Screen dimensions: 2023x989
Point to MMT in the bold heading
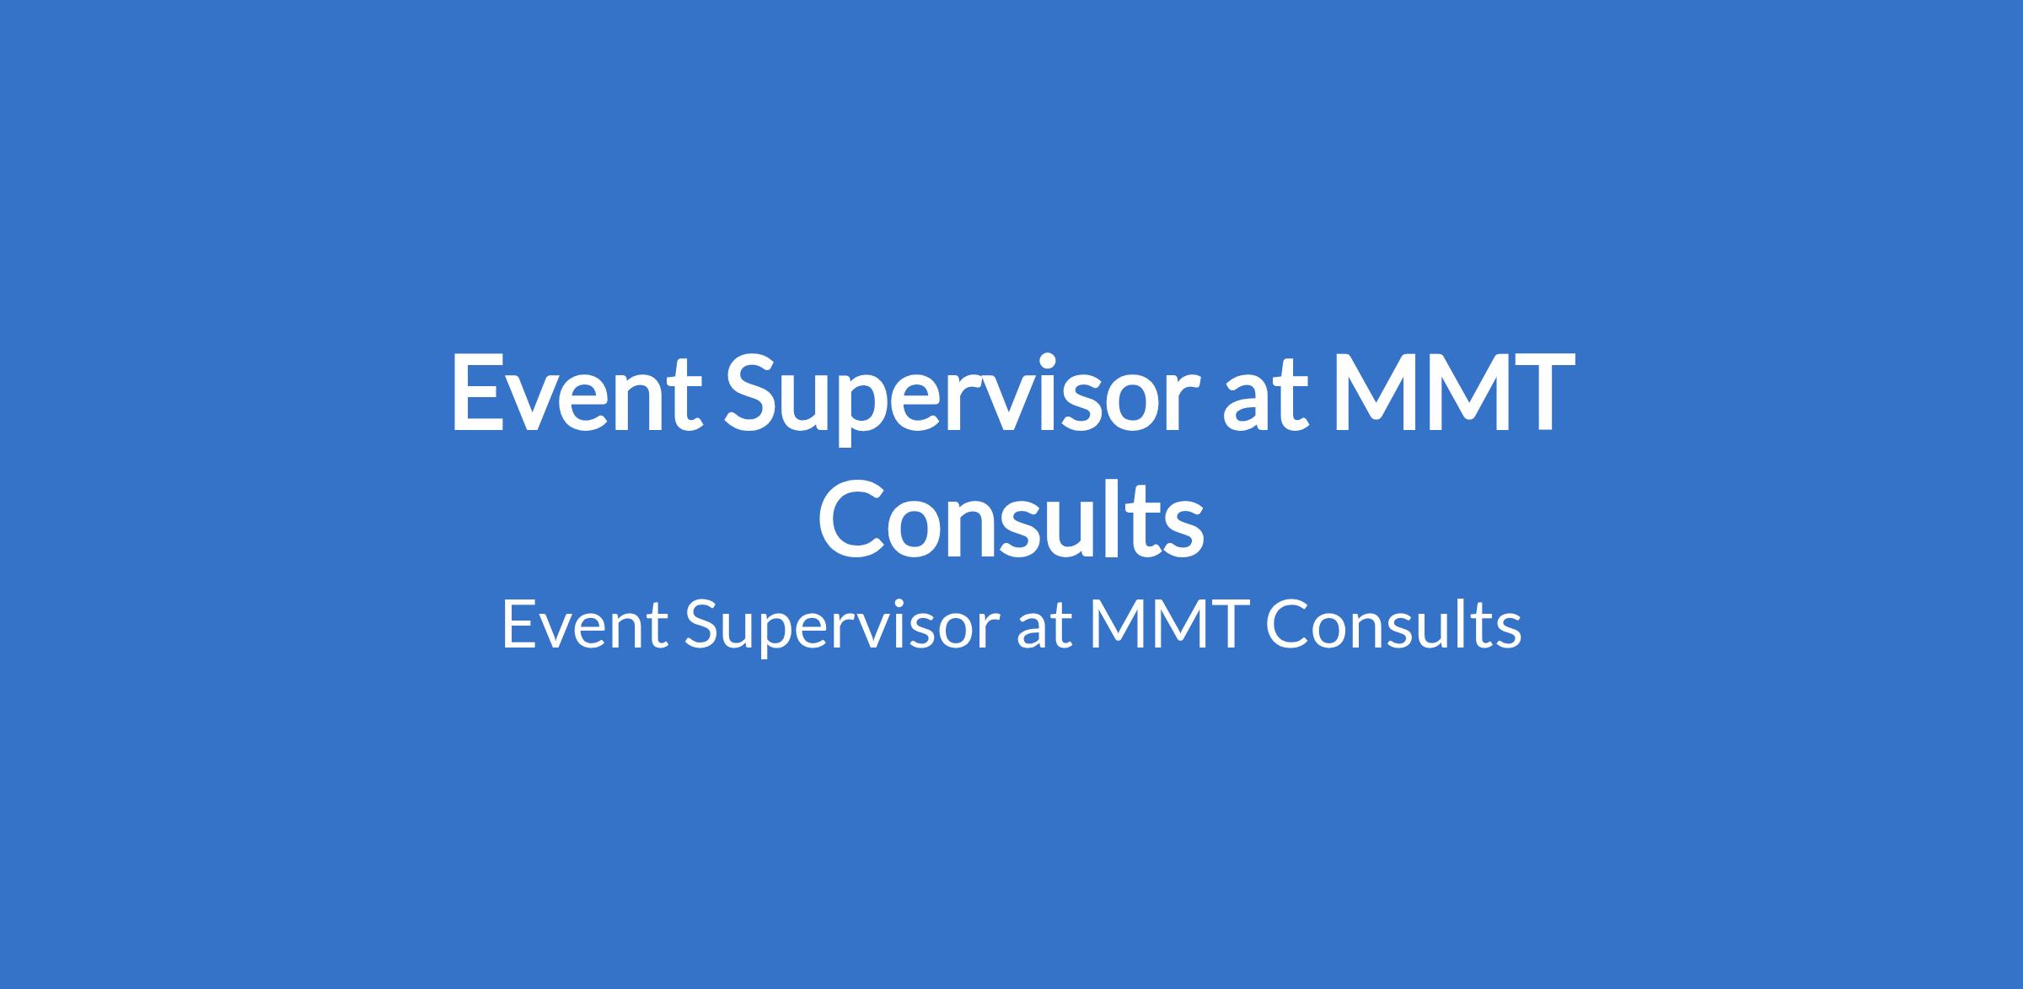pos(1445,393)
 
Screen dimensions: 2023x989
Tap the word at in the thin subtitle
pos(1045,628)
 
